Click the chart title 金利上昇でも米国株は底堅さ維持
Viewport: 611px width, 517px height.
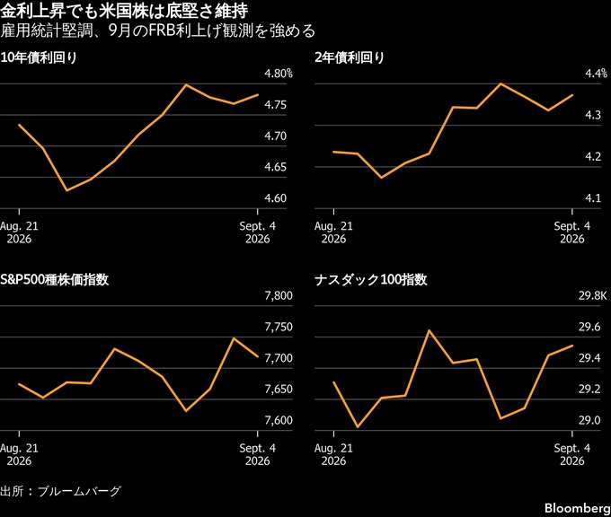tap(124, 11)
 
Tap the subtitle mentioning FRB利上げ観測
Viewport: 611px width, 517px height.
tap(157, 31)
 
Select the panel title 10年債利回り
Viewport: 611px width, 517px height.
tap(39, 57)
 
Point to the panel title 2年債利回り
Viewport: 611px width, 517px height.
tap(350, 57)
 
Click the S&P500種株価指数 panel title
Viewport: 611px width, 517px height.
tap(55, 279)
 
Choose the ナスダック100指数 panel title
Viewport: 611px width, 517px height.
tap(370, 279)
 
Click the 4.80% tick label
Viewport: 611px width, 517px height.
tap(279, 74)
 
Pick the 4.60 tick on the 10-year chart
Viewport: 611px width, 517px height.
tap(276, 198)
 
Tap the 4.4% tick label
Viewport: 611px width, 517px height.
tap(597, 74)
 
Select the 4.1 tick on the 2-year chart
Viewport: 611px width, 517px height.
tap(593, 198)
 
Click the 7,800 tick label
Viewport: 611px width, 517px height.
tap(279, 295)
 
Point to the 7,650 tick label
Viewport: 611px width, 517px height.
tap(279, 389)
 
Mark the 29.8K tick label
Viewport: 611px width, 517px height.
tap(593, 295)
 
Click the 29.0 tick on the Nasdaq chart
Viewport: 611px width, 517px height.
tap(589, 420)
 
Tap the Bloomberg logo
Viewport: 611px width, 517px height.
tap(578, 508)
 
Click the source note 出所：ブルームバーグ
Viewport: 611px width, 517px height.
tap(60, 491)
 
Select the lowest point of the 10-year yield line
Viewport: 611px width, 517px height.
tap(67, 190)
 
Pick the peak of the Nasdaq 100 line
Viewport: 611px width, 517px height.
tap(429, 330)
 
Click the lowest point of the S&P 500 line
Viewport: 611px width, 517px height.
tap(186, 411)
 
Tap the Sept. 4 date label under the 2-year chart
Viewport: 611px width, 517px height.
tap(572, 232)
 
